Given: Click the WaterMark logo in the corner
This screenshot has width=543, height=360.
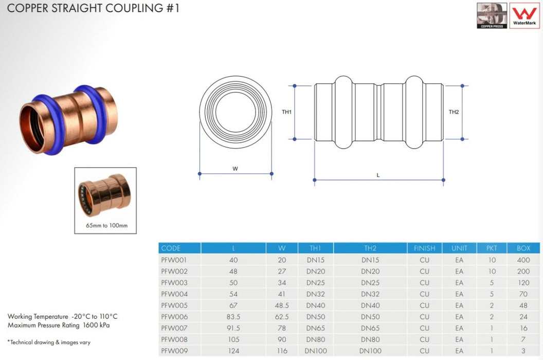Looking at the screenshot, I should pyautogui.click(x=524, y=15).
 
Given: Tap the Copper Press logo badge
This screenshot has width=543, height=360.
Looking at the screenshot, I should pyautogui.click(x=492, y=15).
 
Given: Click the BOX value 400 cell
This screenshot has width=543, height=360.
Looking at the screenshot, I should pyautogui.click(x=523, y=260).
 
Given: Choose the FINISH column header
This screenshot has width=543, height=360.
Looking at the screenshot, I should pyautogui.click(x=424, y=248).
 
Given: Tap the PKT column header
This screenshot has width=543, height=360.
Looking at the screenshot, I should pyautogui.click(x=492, y=248).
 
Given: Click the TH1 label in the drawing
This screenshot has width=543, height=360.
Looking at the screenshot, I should pyautogui.click(x=287, y=112).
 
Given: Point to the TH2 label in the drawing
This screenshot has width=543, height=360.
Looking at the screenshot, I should pyautogui.click(x=454, y=112).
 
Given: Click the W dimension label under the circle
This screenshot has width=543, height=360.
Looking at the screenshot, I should pyautogui.click(x=235, y=168).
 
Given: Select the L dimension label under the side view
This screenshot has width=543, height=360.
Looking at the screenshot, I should pyautogui.click(x=378, y=175).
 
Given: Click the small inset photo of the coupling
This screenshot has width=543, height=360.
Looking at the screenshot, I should pyautogui.click(x=105, y=194).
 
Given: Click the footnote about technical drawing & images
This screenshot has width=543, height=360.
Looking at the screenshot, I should pyautogui.click(x=49, y=342).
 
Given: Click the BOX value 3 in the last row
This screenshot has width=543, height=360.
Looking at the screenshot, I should pyautogui.click(x=523, y=351).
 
